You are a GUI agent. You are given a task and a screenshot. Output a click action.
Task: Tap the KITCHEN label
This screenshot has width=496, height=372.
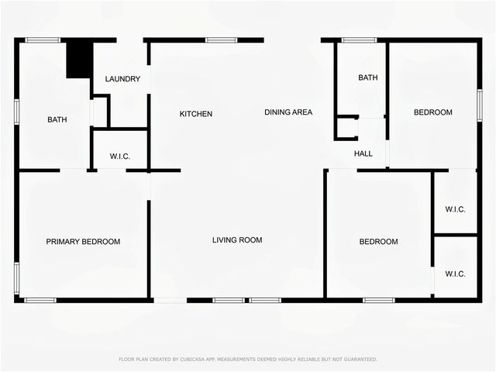[x=196, y=114]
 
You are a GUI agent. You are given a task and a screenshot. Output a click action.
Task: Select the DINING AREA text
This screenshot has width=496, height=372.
[x=288, y=112]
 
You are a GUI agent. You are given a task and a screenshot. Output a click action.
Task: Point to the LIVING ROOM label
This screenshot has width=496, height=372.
[x=237, y=240]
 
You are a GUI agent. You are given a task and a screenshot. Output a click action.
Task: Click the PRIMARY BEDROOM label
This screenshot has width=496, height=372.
[x=83, y=242]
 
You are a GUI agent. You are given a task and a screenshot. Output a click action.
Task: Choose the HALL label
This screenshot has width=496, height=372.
[x=363, y=154]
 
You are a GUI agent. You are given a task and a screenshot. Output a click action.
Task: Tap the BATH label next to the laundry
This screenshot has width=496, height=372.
[x=57, y=120]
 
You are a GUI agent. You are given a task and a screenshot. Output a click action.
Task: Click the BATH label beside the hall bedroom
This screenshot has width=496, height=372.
[x=367, y=77]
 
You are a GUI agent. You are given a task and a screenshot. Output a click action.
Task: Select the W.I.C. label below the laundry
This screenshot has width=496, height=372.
[x=120, y=157]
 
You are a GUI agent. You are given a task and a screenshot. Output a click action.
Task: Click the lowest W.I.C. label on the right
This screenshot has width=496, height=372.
[x=455, y=274]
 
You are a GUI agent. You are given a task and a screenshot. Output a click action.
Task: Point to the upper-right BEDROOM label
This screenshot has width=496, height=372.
[x=432, y=112]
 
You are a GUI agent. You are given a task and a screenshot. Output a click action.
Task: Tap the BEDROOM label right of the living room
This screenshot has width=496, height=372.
[x=378, y=242]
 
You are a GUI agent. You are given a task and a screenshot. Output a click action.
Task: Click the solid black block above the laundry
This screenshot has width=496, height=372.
[x=79, y=59]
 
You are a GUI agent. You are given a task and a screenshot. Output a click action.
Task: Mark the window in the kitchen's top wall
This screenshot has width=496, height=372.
[x=222, y=40]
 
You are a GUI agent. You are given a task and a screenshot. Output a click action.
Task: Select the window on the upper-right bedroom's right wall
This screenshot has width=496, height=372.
[x=479, y=105]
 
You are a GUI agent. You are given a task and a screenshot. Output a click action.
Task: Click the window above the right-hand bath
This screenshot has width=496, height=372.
[x=360, y=40]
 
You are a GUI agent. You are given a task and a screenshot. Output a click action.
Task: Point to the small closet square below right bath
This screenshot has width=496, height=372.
[x=346, y=129]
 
